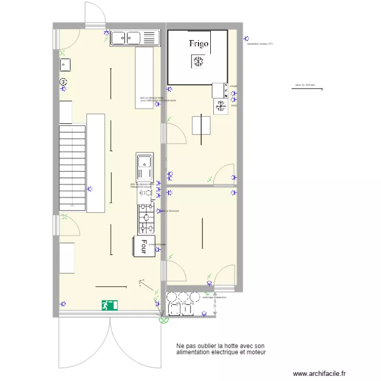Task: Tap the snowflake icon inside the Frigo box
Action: pyautogui.click(x=198, y=62)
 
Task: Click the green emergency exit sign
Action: pyautogui.click(x=109, y=305)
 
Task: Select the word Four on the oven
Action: pyautogui.click(x=145, y=246)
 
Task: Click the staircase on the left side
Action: pyautogui.click(x=72, y=168)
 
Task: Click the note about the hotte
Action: pyautogui.click(x=221, y=348)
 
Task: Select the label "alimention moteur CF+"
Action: pyautogui.click(x=260, y=45)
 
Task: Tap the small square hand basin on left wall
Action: pyautogui.click(x=65, y=65)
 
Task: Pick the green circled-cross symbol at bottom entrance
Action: pyautogui.click(x=163, y=320)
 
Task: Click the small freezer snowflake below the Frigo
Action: pyautogui.click(x=221, y=106)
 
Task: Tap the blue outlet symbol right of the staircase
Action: pyautogui.click(x=90, y=188)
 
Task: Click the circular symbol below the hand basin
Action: pyautogui.click(x=63, y=81)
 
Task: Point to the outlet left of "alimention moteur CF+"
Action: pyautogui.click(x=246, y=39)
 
